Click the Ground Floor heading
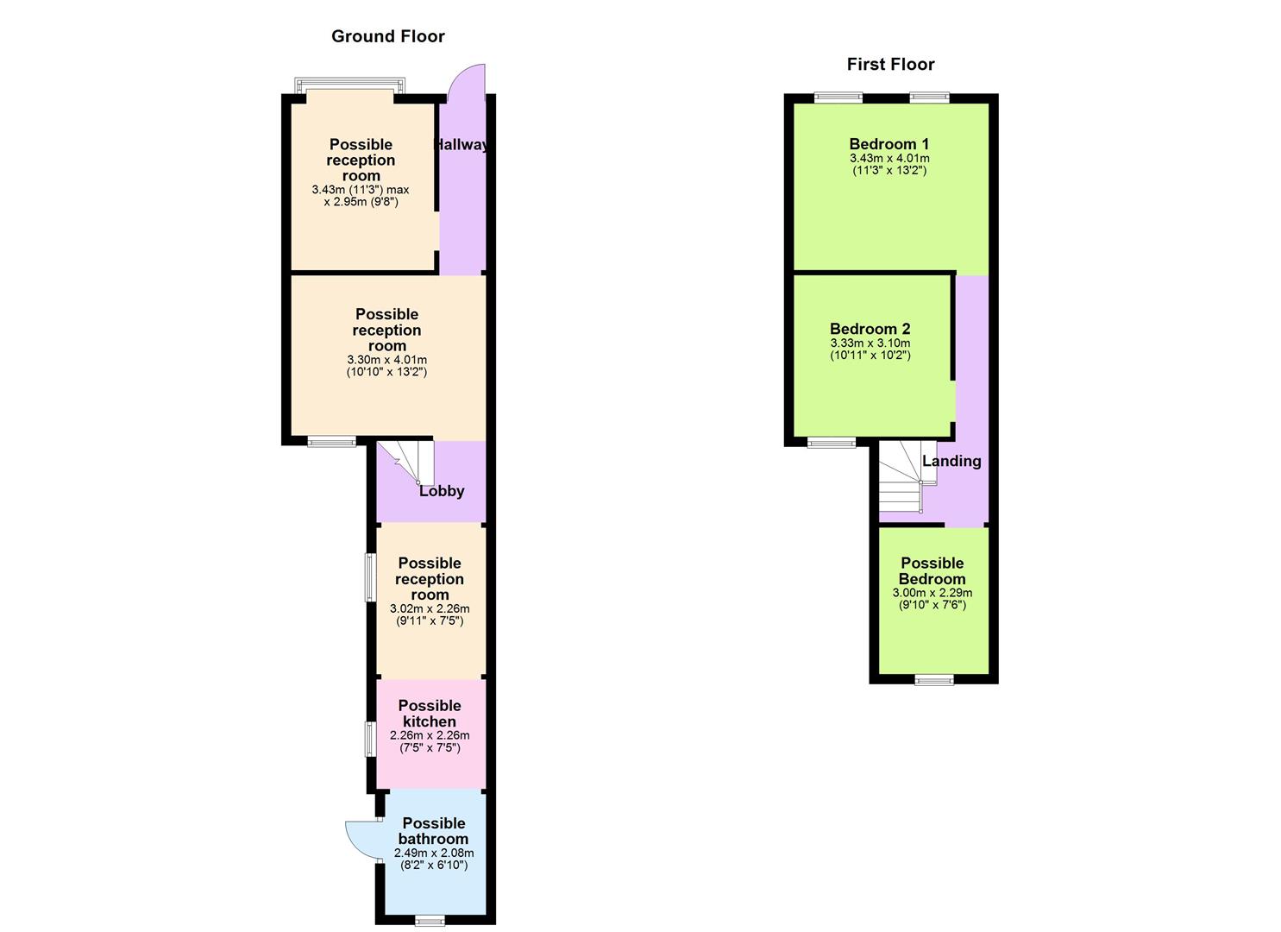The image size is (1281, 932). tap(387, 36)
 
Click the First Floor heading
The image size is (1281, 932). tap(890, 64)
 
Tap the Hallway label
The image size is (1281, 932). tap(462, 144)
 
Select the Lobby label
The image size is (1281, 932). tap(442, 491)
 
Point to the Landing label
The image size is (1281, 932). tap(951, 461)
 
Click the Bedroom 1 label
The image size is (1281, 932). tap(889, 144)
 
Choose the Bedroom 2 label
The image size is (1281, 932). tap(870, 329)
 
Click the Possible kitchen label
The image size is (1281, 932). tap(430, 714)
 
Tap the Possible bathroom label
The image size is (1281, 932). tap(433, 831)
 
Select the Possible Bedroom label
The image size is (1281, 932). tap(932, 571)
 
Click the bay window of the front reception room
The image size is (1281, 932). tap(349, 86)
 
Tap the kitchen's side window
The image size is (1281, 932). tap(370, 740)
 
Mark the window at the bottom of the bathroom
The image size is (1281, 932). tap(430, 921)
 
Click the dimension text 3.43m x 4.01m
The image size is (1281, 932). tap(889, 159)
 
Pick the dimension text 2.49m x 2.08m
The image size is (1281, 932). tap(433, 853)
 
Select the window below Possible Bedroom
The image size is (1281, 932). tap(934, 680)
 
